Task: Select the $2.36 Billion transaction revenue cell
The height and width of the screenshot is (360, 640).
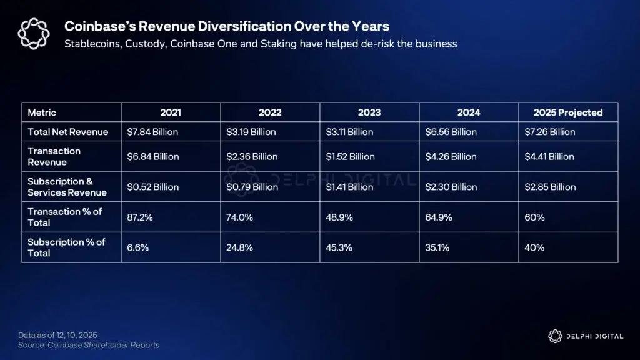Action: pos(252,156)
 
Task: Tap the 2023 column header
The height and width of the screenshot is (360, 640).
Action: pos(369,112)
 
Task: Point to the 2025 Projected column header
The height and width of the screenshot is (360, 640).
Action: pos(567,112)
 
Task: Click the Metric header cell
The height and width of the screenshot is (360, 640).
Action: pos(42,112)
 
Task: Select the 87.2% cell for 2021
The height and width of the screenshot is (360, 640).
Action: pos(139,217)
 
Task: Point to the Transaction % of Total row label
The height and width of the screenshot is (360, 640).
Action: pos(65,217)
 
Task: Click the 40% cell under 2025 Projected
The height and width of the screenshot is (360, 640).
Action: pos(534,247)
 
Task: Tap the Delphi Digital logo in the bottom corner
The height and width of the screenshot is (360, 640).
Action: pos(585,336)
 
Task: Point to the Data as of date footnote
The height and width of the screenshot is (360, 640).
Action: pos(57,336)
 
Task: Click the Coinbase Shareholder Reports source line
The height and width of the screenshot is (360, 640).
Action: pos(88,345)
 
